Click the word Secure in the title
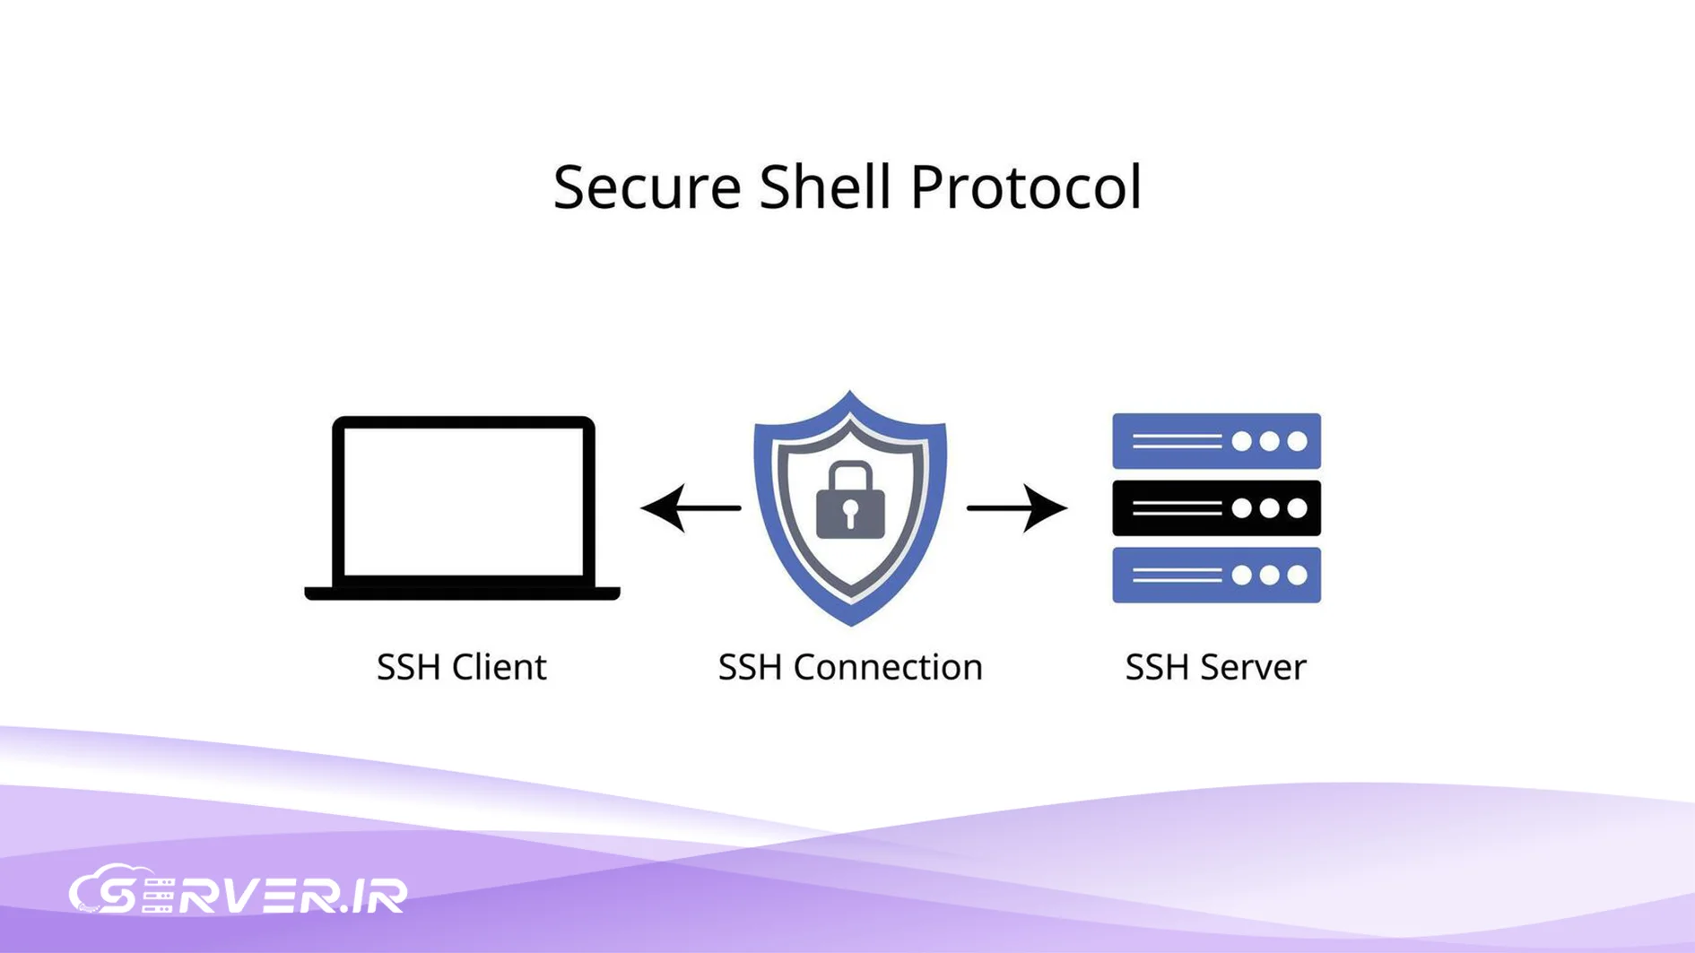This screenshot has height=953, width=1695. [x=647, y=187]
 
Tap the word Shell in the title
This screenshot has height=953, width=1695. [x=824, y=187]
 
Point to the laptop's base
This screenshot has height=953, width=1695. [x=462, y=593]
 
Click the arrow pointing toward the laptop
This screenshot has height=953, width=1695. [x=690, y=508]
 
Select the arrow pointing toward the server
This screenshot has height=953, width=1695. [x=1017, y=508]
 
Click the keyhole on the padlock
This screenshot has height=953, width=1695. [x=850, y=514]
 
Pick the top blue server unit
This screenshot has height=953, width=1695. [x=1215, y=441]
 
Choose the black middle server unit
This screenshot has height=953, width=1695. [x=1215, y=508]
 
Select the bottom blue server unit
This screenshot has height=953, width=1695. [x=1215, y=575]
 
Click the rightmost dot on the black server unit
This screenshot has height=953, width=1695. [x=1297, y=508]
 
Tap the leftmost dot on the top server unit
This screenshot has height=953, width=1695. [x=1241, y=441]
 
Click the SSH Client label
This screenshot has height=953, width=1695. [x=461, y=667]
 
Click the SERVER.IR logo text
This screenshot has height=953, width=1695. [x=269, y=895]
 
